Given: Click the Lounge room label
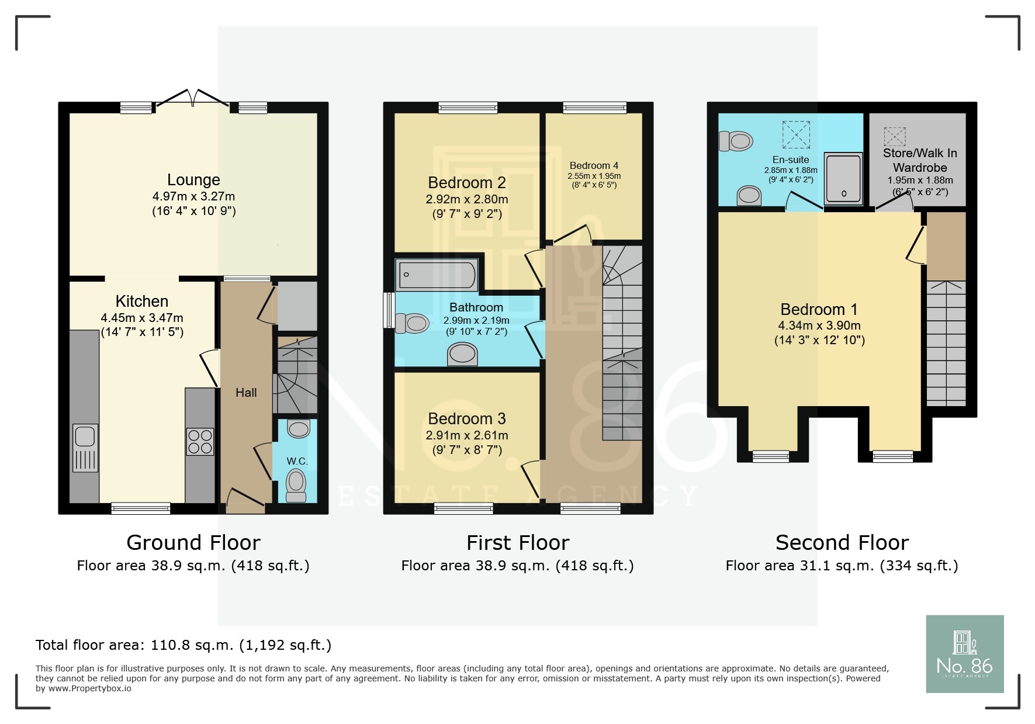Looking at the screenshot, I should click(193, 180).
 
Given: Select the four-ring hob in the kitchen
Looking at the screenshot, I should click(200, 442).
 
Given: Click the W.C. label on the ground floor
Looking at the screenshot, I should click(297, 461).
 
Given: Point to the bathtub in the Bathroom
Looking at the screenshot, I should click(437, 275).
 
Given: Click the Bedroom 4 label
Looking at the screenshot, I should click(594, 166).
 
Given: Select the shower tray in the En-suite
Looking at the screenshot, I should click(843, 179).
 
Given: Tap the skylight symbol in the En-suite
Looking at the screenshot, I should click(796, 135).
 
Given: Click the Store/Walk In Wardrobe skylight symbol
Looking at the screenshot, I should click(894, 137).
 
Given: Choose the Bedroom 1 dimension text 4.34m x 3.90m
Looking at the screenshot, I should click(819, 325).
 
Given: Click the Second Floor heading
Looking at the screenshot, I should click(842, 543).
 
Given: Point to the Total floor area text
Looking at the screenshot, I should click(184, 645).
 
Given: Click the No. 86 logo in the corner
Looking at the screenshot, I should click(964, 654).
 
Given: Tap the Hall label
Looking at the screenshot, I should click(246, 393).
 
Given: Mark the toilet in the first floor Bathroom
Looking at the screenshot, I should click(413, 323).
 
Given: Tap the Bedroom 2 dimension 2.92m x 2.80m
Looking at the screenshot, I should click(467, 199).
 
